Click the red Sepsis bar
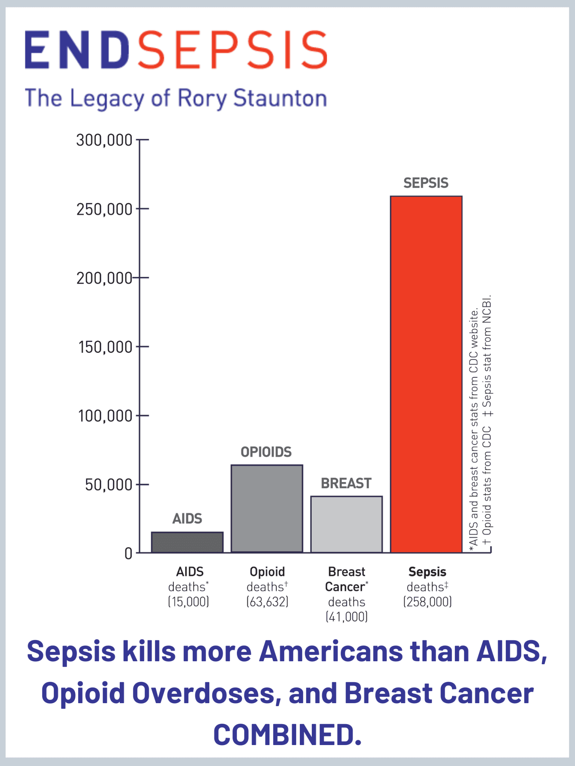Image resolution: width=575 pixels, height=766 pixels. (426, 374)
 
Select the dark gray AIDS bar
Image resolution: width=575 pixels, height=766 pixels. (187, 542)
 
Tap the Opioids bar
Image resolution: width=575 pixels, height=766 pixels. (267, 509)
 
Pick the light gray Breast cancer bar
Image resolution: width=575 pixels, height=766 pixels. (346, 524)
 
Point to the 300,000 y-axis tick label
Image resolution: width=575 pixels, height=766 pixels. (104, 140)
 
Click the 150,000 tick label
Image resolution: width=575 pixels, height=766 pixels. (105, 347)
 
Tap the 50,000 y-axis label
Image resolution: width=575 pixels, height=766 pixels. (109, 485)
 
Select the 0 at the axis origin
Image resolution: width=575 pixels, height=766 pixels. (128, 554)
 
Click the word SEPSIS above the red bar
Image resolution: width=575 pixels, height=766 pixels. (426, 183)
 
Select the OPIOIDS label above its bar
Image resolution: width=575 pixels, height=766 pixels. (266, 452)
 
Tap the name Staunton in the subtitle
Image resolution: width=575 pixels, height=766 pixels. (280, 98)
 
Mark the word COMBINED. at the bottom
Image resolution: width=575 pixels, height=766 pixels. (287, 734)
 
